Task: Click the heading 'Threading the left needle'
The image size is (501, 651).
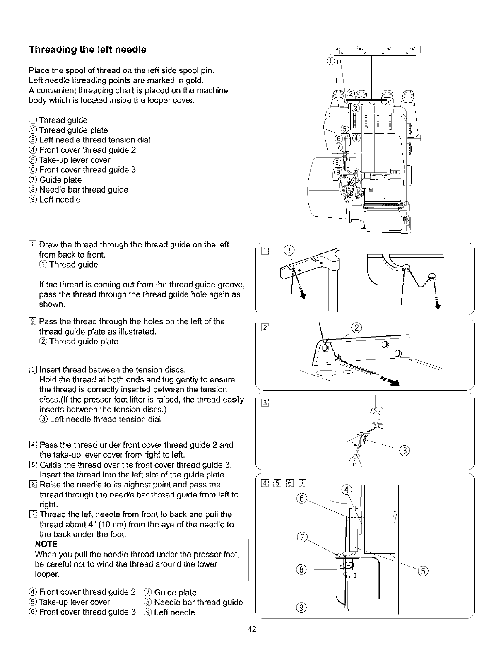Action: (x=87, y=50)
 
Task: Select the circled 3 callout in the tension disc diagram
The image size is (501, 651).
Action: (x=405, y=451)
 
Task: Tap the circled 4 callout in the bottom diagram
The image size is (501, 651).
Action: (x=346, y=490)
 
